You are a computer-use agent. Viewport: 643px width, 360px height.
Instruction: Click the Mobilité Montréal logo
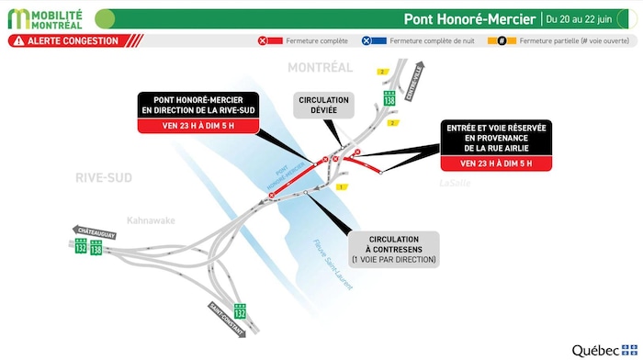(47, 18)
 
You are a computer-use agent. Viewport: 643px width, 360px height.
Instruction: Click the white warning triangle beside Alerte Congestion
(17, 41)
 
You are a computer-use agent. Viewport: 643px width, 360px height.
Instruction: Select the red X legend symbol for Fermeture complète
(264, 41)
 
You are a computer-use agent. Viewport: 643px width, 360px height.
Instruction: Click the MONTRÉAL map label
(320, 68)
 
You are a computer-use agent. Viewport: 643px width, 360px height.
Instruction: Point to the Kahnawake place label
(151, 219)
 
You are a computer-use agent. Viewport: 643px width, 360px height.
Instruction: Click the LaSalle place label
(454, 183)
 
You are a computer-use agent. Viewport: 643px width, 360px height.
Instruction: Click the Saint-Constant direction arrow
(225, 318)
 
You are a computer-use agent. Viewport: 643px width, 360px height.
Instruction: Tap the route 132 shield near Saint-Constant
(242, 310)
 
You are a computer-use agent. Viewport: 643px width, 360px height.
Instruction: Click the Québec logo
(602, 350)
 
